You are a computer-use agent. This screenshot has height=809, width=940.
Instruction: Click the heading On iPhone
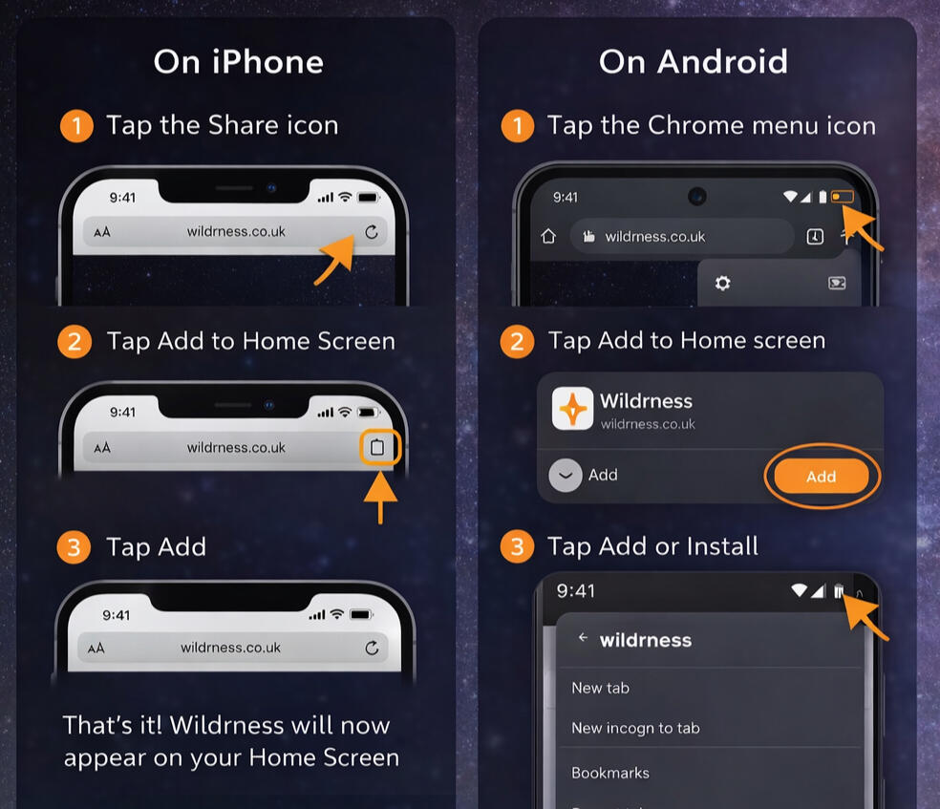pos(239,62)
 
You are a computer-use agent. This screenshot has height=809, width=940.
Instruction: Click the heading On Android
pos(693,62)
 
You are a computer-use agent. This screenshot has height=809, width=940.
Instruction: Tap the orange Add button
pos(822,477)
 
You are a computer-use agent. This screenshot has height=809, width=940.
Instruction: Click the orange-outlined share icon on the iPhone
pos(377,447)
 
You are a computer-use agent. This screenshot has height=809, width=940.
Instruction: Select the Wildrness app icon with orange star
pos(572,408)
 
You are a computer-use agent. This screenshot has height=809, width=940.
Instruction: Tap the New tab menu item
pos(600,688)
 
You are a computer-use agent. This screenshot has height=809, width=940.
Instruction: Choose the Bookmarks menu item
pos(610,773)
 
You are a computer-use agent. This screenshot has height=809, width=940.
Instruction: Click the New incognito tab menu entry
pos(635,728)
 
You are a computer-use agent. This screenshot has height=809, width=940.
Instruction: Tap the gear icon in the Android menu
pos(722,283)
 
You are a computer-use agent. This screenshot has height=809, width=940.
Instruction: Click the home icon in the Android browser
pos(548,236)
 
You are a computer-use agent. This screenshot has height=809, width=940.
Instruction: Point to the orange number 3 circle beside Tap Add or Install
pos(517,546)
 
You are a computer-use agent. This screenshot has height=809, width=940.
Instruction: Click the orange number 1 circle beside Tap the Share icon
pos(76,126)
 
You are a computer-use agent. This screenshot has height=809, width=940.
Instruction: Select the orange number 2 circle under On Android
pos(517,342)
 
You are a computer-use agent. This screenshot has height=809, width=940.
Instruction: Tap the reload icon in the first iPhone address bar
pos(372,232)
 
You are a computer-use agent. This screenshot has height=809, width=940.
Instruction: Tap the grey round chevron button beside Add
pos(566,476)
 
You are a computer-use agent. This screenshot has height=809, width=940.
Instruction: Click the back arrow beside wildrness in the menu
pos(583,638)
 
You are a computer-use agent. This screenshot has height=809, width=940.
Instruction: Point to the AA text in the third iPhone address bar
pos(96,648)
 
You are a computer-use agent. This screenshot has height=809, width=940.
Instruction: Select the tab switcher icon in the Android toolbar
pos(815,237)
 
